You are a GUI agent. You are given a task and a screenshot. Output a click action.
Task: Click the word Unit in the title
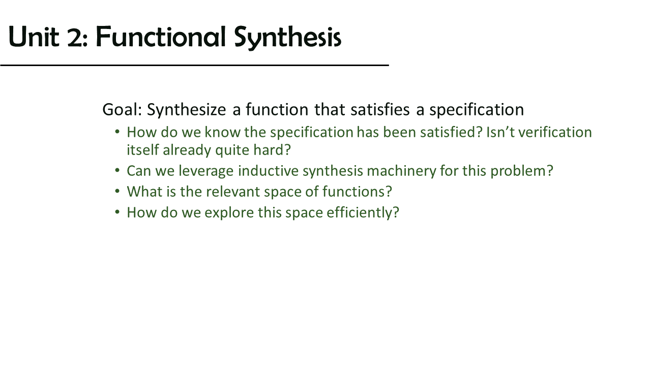pyautogui.click(x=34, y=37)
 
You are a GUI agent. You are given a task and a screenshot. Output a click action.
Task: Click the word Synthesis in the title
pyautogui.click(x=287, y=38)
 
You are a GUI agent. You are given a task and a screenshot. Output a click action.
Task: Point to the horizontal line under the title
pyautogui.click(x=194, y=66)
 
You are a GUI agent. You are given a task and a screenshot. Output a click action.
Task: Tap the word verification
pyautogui.click(x=555, y=132)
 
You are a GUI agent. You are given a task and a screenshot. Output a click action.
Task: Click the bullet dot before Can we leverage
pyautogui.click(x=117, y=170)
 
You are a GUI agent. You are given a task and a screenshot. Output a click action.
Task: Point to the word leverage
pyautogui.click(x=206, y=171)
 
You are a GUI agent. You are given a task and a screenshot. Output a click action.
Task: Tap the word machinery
pyautogui.click(x=402, y=171)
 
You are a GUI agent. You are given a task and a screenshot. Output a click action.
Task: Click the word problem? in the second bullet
pyautogui.click(x=522, y=171)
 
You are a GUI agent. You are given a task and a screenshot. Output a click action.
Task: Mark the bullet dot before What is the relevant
pyautogui.click(x=117, y=191)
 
